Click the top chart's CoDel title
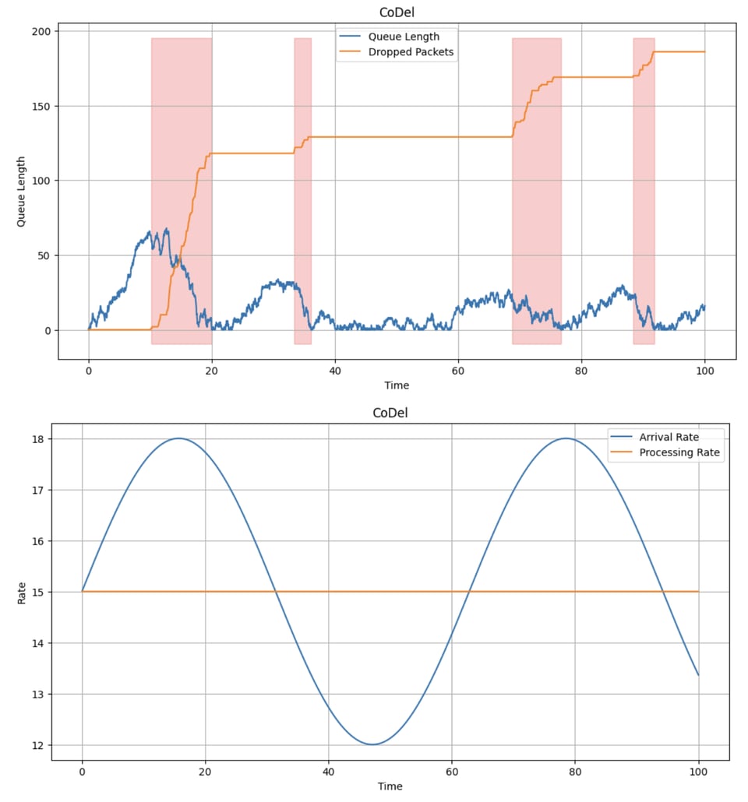[x=396, y=12]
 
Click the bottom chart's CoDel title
[x=390, y=413]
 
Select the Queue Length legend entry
[x=404, y=37]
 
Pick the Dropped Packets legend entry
[x=411, y=52]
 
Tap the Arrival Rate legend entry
[x=669, y=437]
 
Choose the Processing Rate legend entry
[x=679, y=452]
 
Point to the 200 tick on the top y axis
[x=41, y=31]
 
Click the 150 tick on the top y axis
[x=41, y=106]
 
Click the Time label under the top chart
[x=396, y=385]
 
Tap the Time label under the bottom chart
[x=390, y=786]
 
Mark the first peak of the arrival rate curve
[x=178, y=438]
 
